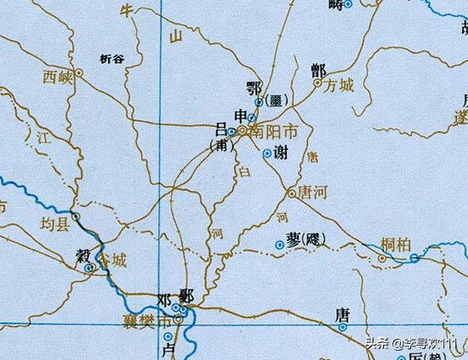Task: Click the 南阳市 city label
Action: (274, 132)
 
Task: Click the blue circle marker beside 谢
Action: (267, 154)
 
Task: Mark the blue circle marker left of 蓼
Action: (280, 245)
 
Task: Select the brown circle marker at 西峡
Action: (79, 74)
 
